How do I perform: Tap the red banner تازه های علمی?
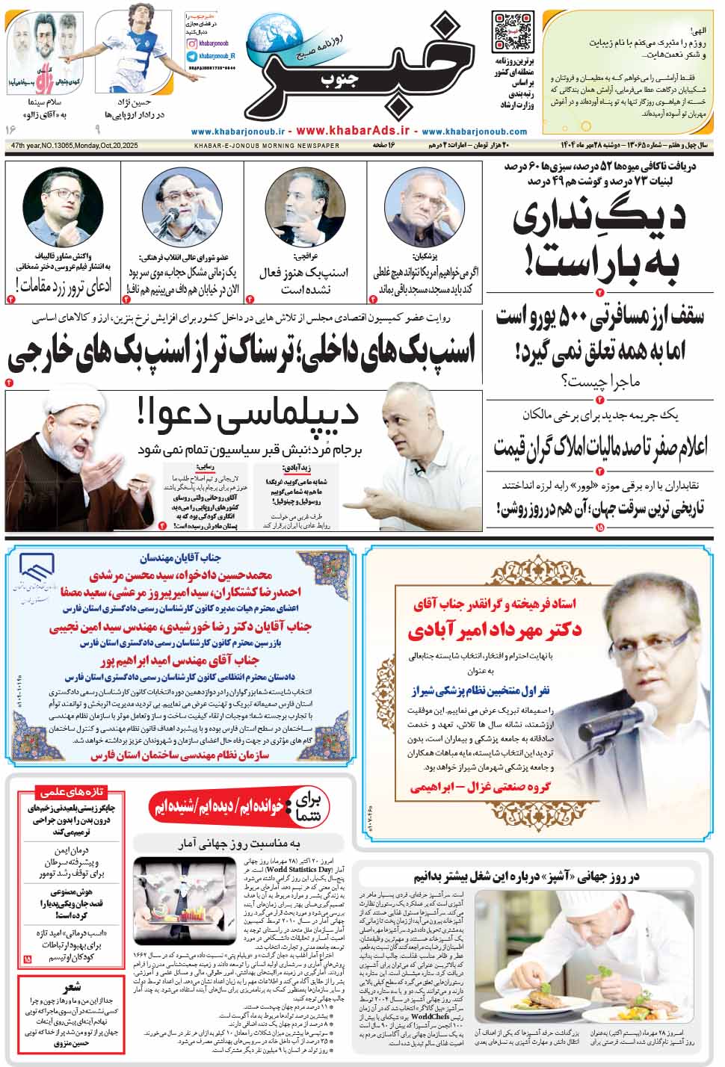pos(71,793)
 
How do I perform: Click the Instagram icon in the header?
pos(192,46)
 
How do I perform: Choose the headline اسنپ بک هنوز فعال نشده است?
pos(304,281)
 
